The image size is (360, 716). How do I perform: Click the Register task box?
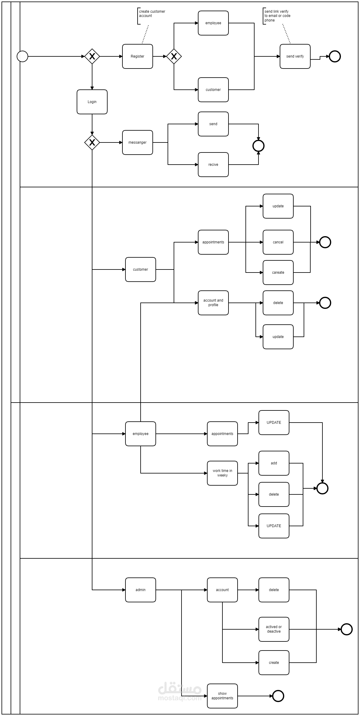(x=137, y=56)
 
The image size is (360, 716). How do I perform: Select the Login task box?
(x=92, y=102)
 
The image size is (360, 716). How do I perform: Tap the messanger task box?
(x=137, y=142)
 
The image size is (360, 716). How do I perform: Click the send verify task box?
(x=295, y=56)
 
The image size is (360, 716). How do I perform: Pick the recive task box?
(x=213, y=165)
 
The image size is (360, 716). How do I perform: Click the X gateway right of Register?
(x=174, y=56)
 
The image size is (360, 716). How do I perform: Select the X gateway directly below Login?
(x=92, y=142)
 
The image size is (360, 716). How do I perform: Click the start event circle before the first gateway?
(x=22, y=56)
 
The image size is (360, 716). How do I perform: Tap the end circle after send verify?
(x=335, y=56)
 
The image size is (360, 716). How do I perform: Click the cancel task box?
(x=278, y=242)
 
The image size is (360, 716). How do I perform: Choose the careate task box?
(x=278, y=273)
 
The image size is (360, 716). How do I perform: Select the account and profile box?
(x=213, y=303)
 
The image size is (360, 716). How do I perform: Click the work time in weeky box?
(x=222, y=473)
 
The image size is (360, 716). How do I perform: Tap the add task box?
(x=274, y=463)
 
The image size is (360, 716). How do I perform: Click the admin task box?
(x=140, y=590)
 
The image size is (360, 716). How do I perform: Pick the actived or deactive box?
(x=274, y=629)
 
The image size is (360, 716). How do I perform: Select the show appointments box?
(x=222, y=696)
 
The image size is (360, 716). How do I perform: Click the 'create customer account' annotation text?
(x=152, y=14)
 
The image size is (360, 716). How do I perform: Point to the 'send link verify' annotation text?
(x=277, y=16)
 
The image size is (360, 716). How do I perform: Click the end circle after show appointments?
(x=278, y=696)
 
